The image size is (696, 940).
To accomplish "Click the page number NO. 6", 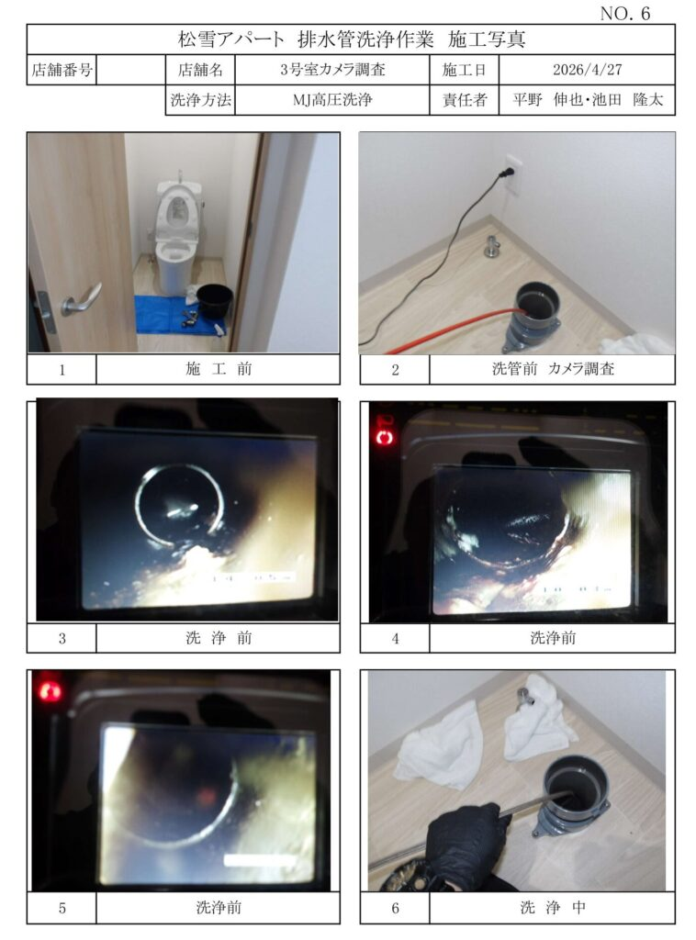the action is pyautogui.click(x=624, y=14).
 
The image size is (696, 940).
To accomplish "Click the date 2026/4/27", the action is pyautogui.click(x=587, y=70).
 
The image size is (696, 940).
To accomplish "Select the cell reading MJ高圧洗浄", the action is pyautogui.click(x=332, y=99).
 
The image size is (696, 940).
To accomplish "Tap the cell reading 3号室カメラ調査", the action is pyautogui.click(x=332, y=70).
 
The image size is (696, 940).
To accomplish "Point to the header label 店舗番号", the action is pyautogui.click(x=62, y=70).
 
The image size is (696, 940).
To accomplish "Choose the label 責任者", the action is pyautogui.click(x=465, y=99).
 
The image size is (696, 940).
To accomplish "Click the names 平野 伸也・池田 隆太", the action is pyautogui.click(x=588, y=99).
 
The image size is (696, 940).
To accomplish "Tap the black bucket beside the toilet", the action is pyautogui.click(x=215, y=301).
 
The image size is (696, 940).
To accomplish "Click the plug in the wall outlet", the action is pyautogui.click(x=507, y=173).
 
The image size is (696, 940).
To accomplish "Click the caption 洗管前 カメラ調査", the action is pyautogui.click(x=553, y=369).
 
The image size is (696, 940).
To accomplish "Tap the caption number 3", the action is pyautogui.click(x=62, y=639).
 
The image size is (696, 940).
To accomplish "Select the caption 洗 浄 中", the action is pyautogui.click(x=553, y=907).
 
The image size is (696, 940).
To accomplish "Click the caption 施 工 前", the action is pyautogui.click(x=219, y=369).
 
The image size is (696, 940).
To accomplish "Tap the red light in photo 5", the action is pyautogui.click(x=50, y=689).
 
